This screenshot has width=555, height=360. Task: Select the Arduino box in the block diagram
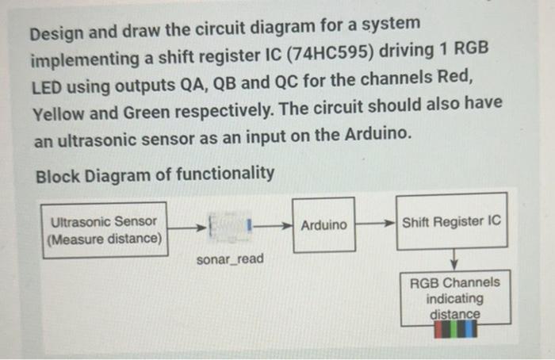point(323,225)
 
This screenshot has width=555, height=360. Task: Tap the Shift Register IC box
point(452,221)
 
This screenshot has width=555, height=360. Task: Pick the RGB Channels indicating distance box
point(454,298)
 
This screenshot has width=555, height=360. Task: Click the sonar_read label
point(230,259)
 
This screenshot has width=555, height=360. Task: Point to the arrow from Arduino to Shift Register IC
point(375,222)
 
